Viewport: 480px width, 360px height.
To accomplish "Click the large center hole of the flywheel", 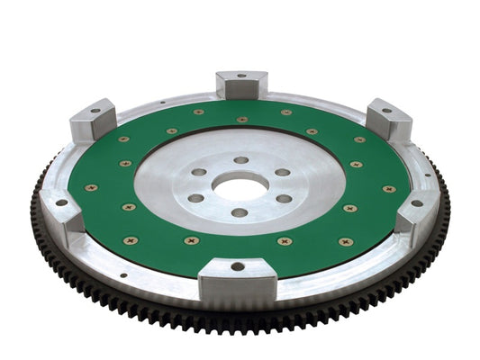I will click(239, 189).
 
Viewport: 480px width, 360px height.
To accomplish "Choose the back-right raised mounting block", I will click(388, 118).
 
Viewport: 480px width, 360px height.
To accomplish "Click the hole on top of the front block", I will click(238, 266).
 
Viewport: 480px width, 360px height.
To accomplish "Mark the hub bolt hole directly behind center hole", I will click(240, 160).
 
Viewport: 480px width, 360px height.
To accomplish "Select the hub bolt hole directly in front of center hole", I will click(239, 213).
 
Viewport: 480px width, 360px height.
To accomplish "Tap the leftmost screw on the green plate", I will click(90, 188).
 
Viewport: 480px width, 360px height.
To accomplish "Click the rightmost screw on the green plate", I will click(389, 189).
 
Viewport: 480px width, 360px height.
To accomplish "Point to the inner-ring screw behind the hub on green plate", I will click(241, 119).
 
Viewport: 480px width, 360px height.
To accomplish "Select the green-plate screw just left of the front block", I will click(191, 240).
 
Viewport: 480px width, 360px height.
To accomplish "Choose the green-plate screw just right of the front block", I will click(285, 241).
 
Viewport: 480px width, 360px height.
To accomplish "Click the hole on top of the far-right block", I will click(416, 203).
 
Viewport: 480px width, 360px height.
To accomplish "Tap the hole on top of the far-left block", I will click(61, 202).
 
